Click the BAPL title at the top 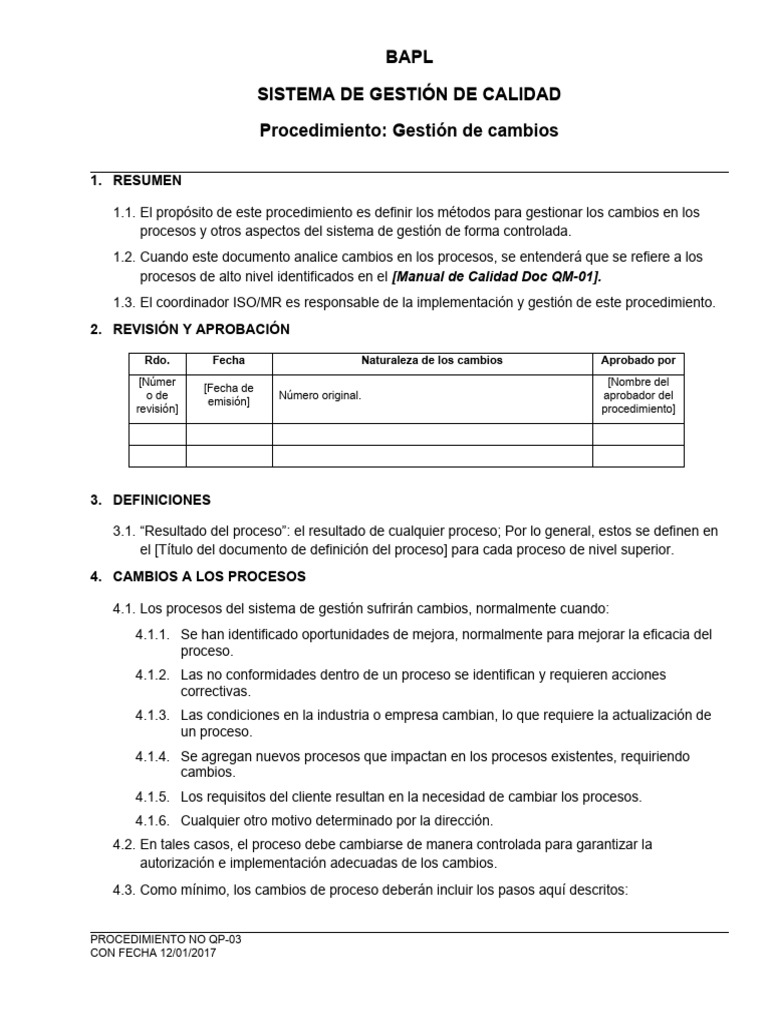(x=409, y=58)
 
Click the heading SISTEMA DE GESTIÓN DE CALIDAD (x=409, y=94)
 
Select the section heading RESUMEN (x=147, y=181)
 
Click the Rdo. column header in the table (x=158, y=360)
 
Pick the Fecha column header (x=229, y=360)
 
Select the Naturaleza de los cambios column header (x=432, y=360)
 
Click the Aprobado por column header (x=638, y=360)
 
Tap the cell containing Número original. (x=320, y=395)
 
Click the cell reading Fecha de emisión (x=229, y=395)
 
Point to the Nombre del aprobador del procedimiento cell (x=638, y=395)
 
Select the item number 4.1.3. (x=152, y=716)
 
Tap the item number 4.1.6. (x=152, y=820)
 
